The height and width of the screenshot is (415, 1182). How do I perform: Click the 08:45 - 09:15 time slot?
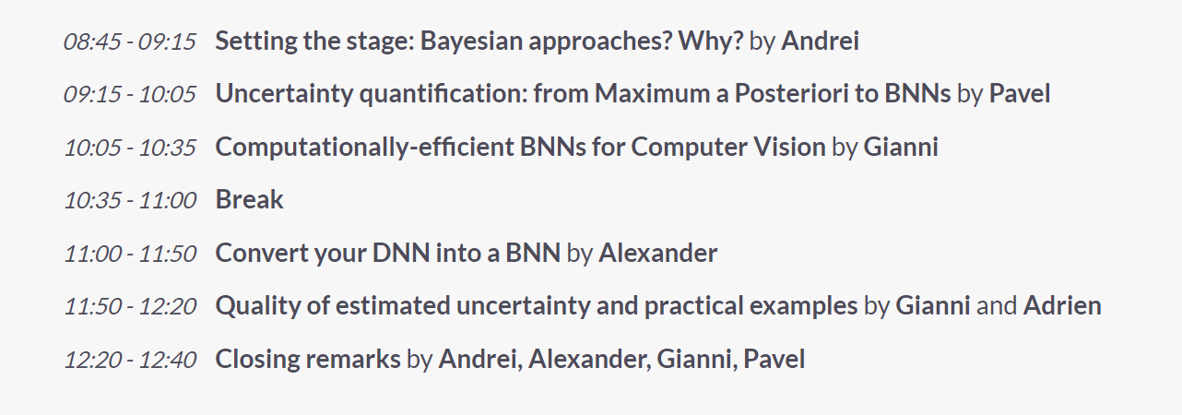pos(130,41)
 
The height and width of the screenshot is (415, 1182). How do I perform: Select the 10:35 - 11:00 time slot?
pos(130,200)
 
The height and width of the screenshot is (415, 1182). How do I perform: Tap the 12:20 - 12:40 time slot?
pos(130,360)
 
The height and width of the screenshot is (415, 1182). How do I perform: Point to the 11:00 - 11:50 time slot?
pos(130,254)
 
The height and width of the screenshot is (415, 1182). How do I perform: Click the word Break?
pos(250,199)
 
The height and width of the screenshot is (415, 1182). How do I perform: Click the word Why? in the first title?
pos(710,41)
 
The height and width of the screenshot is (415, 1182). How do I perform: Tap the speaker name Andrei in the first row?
pos(820,41)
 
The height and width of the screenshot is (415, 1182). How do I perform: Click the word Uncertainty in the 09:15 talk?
pos(284,94)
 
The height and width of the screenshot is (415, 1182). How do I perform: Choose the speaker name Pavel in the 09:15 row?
pos(1020,93)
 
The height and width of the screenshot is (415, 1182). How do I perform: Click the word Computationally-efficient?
pos(364,147)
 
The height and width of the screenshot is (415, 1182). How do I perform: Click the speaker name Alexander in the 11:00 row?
pos(658,253)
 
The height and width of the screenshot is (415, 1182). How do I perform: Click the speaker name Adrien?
pos(1062,305)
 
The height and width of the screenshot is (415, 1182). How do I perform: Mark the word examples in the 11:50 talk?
pos(804,306)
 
